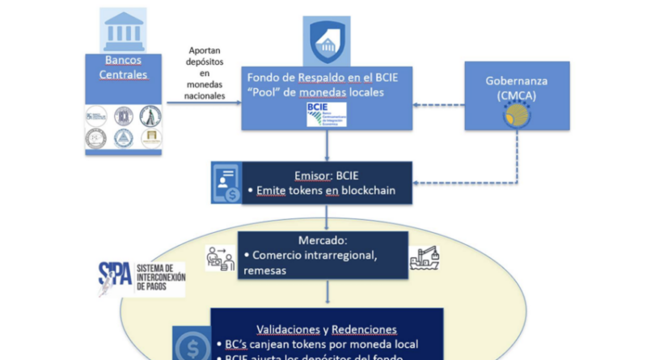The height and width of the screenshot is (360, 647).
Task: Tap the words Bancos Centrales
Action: coord(125,68)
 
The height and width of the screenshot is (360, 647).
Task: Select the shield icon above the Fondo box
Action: coord(328,41)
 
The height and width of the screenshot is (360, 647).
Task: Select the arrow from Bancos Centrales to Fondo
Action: coord(201,103)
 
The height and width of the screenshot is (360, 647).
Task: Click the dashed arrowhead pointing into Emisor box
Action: coord(419,183)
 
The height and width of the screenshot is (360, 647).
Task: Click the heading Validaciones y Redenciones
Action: coord(325,329)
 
